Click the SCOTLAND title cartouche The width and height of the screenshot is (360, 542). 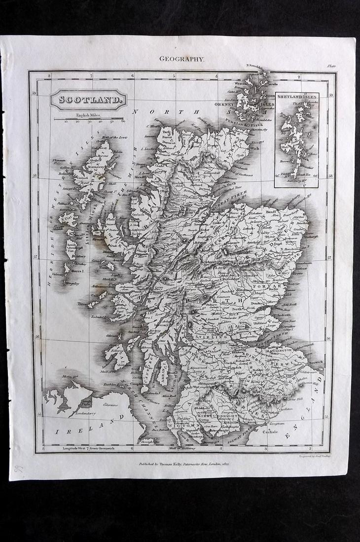point(88,99)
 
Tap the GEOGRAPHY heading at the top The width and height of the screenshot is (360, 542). point(181,59)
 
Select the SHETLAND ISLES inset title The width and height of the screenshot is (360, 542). point(297,98)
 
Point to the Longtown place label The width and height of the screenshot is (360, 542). point(277,423)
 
